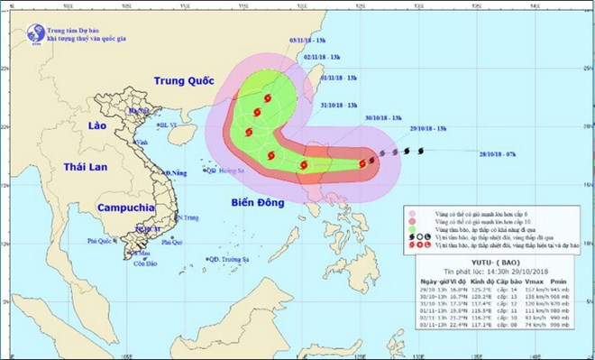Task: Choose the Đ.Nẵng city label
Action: (176, 172)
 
